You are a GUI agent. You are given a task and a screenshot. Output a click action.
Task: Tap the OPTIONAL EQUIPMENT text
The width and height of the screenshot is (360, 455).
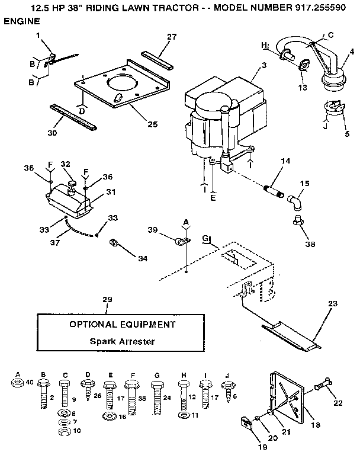point(122,324)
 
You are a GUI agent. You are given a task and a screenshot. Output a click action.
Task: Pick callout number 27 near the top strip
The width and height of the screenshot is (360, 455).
point(172,37)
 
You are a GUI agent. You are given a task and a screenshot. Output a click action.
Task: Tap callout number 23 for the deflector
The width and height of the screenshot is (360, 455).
point(332,303)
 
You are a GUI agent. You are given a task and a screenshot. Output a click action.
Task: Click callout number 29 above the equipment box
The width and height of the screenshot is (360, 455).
point(107,301)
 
